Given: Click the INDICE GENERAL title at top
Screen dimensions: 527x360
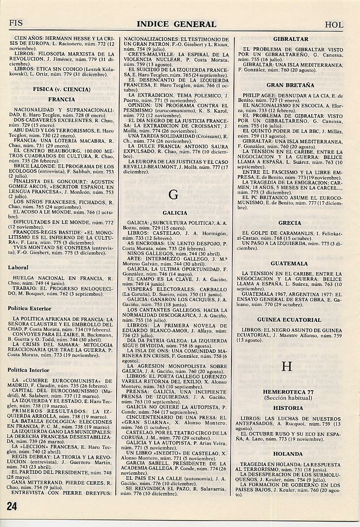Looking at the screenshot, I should (x=176, y=24).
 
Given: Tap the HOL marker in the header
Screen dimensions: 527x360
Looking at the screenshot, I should (x=334, y=25).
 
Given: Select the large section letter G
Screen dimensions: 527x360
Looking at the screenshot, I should (x=173, y=194).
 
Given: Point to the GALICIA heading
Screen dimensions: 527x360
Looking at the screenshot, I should (x=174, y=213).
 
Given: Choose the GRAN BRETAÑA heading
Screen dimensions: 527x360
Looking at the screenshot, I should (x=290, y=85).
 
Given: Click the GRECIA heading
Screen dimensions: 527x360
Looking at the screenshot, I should (x=290, y=223).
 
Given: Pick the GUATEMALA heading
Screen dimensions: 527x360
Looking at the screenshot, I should (x=290, y=264).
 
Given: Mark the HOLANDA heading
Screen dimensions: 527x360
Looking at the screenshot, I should (x=290, y=454).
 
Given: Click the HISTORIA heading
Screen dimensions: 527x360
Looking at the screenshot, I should (x=289, y=408).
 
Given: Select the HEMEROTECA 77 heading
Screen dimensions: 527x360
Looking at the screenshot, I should (x=289, y=391).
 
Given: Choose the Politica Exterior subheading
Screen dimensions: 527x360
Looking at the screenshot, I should (x=30, y=309).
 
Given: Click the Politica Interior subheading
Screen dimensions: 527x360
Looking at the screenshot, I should (x=29, y=370).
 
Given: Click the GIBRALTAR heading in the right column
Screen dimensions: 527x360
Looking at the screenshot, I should (x=291, y=39).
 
